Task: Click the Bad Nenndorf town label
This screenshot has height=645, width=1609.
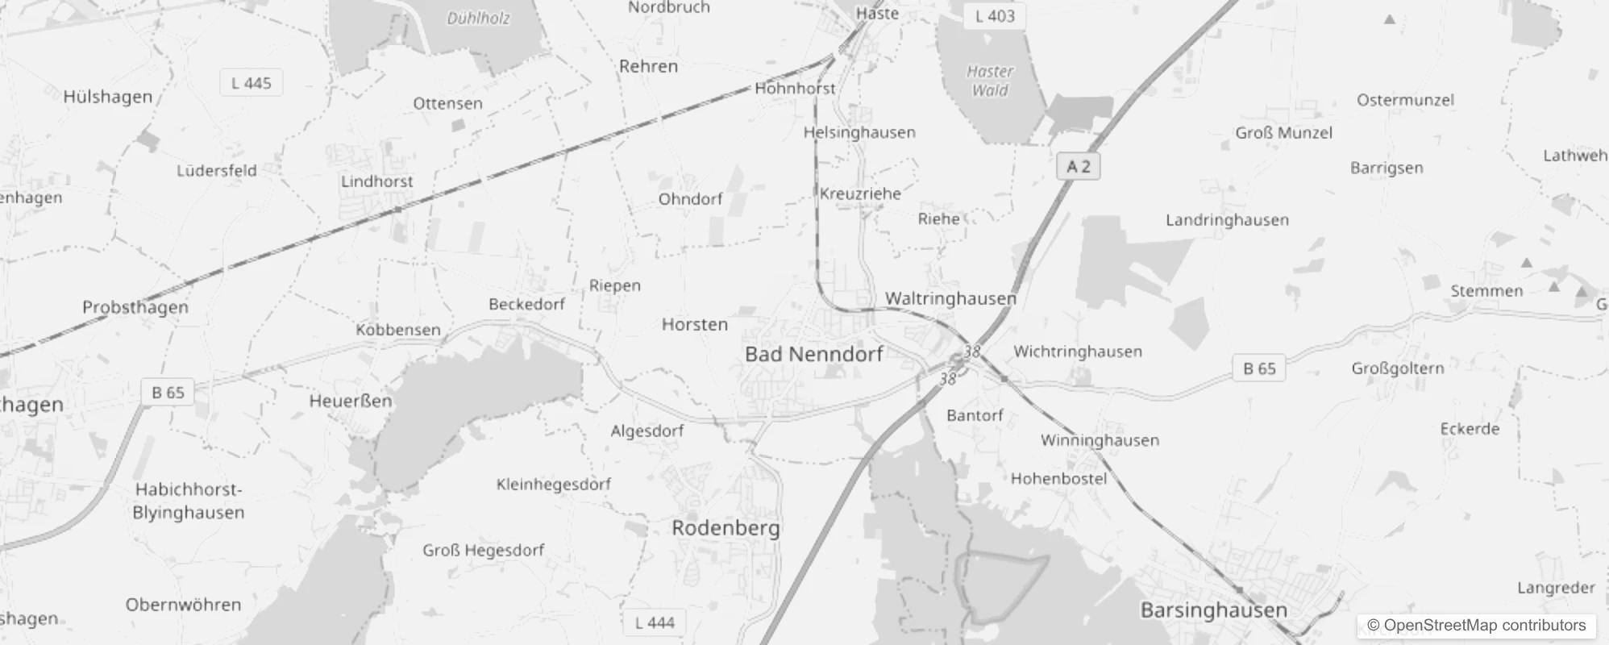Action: (813, 354)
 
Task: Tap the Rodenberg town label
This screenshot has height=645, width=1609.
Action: (726, 528)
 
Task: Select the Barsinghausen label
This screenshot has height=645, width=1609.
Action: (1213, 610)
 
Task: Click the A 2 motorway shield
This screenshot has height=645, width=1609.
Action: (1078, 167)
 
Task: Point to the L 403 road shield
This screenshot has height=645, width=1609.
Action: (995, 16)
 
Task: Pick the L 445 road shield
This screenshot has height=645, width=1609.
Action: (251, 83)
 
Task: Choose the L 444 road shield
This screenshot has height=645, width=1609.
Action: (655, 622)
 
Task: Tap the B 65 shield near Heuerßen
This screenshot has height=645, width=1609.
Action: (168, 393)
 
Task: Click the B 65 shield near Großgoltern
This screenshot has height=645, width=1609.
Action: (1259, 368)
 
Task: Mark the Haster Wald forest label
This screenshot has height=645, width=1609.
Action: (990, 81)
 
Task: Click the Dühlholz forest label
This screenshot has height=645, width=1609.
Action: (479, 18)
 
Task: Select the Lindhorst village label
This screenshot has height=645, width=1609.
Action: (376, 181)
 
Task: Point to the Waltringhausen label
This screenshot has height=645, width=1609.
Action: (950, 298)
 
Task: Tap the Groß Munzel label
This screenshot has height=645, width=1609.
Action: (1283, 133)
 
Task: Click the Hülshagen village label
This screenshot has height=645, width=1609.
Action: (107, 97)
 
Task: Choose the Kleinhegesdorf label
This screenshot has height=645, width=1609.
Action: (553, 485)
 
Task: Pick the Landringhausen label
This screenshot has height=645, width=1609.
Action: (1227, 220)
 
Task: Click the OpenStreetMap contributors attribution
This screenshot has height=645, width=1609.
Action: (1476, 626)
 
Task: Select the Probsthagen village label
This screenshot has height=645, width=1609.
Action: (135, 307)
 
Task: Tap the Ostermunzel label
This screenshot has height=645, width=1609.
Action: (1405, 100)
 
